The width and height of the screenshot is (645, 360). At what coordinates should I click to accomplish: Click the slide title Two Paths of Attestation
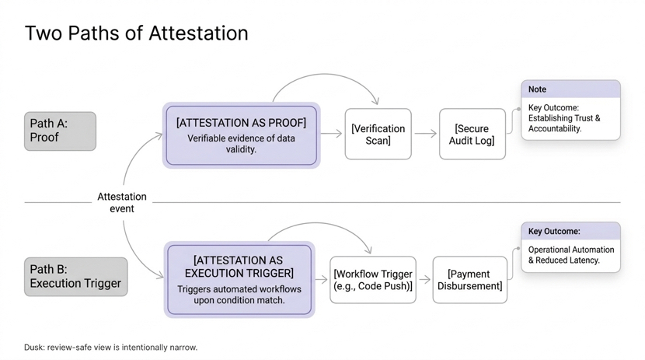coord(137,33)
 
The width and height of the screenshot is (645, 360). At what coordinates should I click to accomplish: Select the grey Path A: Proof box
coord(60,131)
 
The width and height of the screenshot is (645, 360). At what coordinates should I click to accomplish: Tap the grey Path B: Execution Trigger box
coord(75,276)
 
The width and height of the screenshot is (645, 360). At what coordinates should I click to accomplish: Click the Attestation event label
coord(122,202)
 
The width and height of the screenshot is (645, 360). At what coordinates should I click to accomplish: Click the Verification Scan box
coord(378,135)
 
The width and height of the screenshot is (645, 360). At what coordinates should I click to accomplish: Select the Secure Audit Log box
coord(472,135)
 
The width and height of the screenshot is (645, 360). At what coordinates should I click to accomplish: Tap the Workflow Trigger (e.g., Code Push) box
coord(373,280)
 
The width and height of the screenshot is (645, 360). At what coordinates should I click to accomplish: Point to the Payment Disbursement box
coord(469,280)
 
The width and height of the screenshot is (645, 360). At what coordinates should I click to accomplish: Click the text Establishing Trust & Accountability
coord(564,124)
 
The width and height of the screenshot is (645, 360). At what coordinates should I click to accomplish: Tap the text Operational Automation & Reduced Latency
coord(571,255)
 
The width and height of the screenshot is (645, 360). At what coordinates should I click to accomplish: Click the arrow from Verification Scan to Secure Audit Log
coord(425,134)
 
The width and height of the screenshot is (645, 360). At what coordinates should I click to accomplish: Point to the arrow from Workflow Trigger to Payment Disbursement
coord(424,280)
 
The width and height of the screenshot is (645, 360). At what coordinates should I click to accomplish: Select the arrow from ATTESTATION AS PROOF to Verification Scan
coord(331,134)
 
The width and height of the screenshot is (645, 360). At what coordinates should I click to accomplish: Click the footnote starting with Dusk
coord(110,348)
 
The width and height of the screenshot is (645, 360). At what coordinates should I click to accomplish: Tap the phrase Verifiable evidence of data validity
coord(241,144)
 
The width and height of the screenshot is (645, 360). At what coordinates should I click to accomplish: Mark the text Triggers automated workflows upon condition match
coord(239,295)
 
